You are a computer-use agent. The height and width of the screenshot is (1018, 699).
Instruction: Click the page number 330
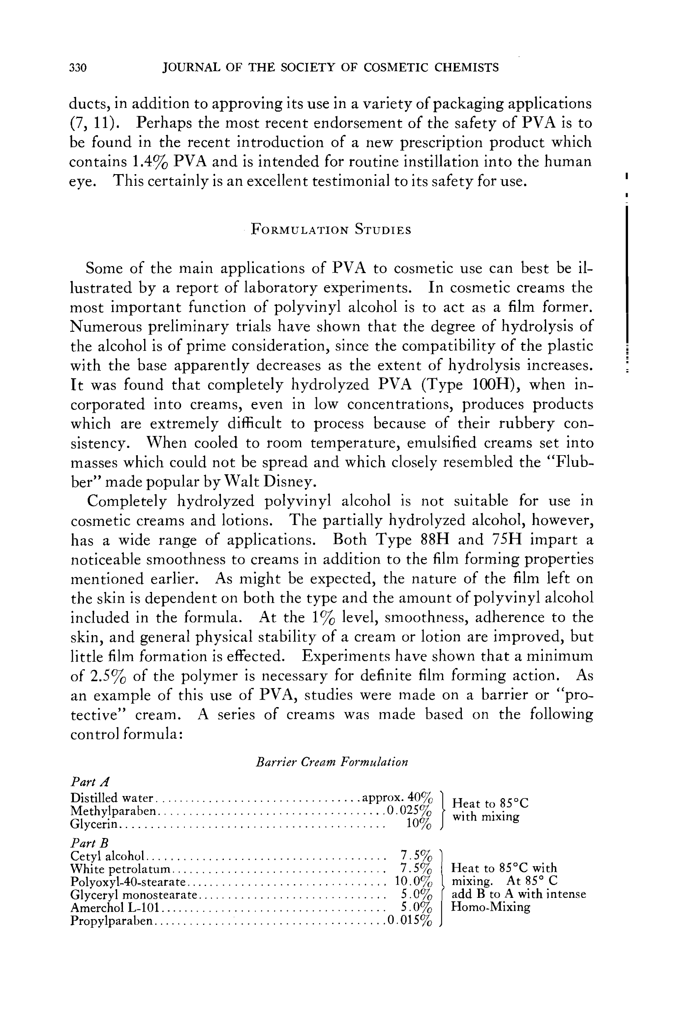tap(78, 68)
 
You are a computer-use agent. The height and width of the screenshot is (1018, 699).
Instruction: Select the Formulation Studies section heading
tap(331, 230)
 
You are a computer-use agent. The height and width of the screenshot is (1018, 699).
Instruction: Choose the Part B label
tap(89, 843)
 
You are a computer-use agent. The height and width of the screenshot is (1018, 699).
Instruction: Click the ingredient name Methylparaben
tap(113, 811)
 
